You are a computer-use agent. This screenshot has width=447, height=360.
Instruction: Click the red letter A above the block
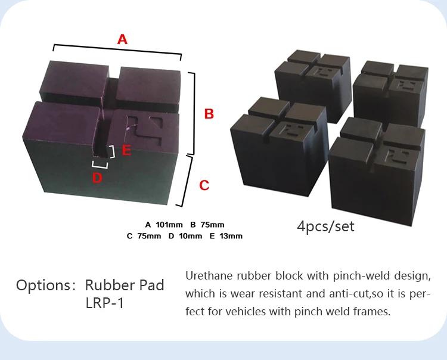pos(122,39)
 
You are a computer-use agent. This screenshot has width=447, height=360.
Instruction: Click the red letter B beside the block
pos(209,114)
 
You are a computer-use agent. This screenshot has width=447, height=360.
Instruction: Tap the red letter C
pos(204,185)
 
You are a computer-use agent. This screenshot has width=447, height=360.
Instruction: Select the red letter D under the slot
pos(97,177)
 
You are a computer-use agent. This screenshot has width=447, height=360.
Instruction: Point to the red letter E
pos(126,150)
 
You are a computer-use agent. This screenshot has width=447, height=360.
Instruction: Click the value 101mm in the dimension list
pos(169,225)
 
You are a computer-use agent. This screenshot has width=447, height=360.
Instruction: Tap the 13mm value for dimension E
pos(231,236)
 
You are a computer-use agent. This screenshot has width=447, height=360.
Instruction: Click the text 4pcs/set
pos(325,226)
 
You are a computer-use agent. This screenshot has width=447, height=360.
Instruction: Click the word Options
pos(42,285)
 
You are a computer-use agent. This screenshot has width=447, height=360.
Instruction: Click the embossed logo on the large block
pos(147,128)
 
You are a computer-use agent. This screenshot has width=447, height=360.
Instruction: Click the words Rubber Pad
pos(125,285)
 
